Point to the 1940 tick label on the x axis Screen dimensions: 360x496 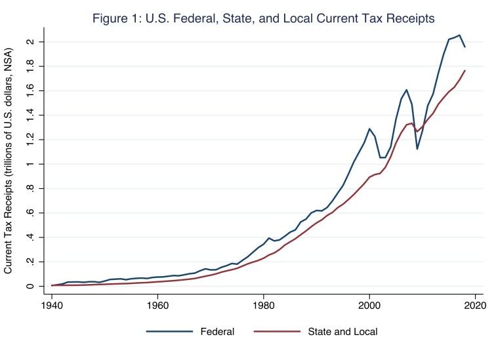(51, 305)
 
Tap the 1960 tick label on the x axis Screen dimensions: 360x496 (157, 305)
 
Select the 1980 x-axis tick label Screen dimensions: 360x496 (264, 305)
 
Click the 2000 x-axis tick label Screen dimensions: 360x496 (369, 305)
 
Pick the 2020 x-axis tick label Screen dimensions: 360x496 (476, 305)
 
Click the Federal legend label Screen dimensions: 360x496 (217, 332)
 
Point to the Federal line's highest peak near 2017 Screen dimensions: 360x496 (459, 35)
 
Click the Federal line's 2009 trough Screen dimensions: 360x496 (417, 149)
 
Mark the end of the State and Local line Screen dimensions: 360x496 (465, 70)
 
